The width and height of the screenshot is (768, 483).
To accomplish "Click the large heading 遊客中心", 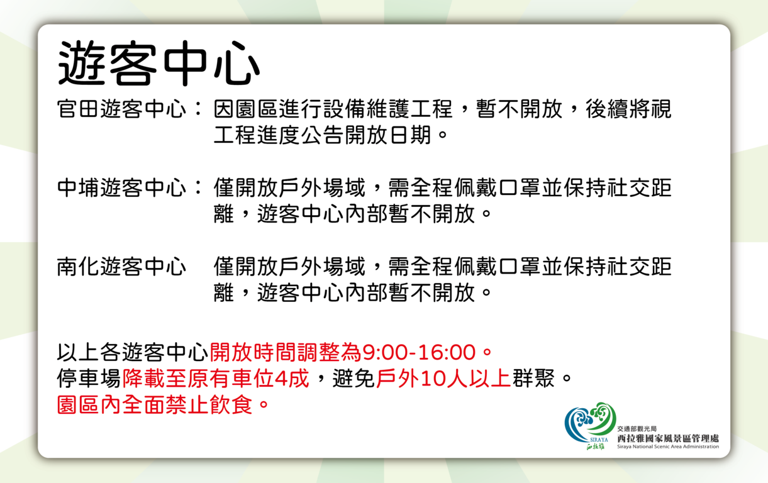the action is click(x=159, y=64).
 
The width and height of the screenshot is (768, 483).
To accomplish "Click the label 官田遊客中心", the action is click(x=121, y=109).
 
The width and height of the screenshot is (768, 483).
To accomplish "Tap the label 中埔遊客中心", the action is click(x=121, y=188).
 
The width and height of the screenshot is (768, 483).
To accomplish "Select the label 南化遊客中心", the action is click(x=121, y=267).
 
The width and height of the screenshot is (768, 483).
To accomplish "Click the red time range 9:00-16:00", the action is click(x=419, y=352).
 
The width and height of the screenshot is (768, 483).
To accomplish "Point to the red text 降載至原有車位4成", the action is click(x=216, y=379).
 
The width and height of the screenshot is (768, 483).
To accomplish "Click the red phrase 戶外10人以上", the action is click(x=443, y=379).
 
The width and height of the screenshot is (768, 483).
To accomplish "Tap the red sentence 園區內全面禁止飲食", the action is click(x=155, y=405).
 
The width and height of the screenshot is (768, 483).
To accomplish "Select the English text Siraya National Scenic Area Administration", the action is click(x=668, y=447).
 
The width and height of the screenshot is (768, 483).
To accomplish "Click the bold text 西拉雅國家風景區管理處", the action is click(x=668, y=438).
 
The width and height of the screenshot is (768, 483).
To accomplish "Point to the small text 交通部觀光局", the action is click(x=637, y=429).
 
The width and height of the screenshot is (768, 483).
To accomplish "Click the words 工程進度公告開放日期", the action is click(x=322, y=135).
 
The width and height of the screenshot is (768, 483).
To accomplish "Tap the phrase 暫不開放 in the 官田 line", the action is click(x=519, y=109).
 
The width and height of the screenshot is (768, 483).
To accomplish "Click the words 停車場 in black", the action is click(x=89, y=379).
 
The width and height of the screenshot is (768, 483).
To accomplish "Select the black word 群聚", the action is click(x=533, y=379).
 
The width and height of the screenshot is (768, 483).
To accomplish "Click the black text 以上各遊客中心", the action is click(x=133, y=352).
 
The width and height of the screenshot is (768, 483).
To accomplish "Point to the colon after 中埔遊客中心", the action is click(x=198, y=188).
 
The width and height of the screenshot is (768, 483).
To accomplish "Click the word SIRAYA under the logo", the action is click(x=599, y=440).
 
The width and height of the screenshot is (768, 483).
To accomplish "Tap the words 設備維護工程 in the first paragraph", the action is click(x=387, y=109).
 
